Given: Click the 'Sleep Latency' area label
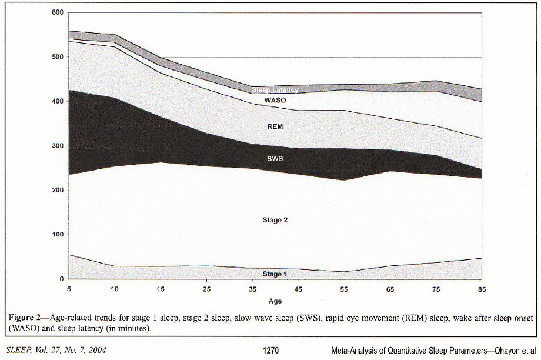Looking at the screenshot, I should [x=275, y=90].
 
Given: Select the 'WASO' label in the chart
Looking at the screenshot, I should [x=275, y=101].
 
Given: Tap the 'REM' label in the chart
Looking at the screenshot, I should [x=275, y=126].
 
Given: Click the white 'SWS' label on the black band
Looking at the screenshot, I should [x=275, y=159].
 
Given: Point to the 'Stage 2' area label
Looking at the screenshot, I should [x=275, y=220].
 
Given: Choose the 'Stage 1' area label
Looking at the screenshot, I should [x=275, y=274].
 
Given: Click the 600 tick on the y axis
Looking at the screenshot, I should [x=58, y=12].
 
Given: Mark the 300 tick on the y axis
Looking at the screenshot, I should [x=58, y=146].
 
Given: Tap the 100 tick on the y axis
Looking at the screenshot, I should [x=58, y=235].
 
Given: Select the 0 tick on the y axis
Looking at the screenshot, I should [x=61, y=279].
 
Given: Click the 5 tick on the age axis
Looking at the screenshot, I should [x=69, y=289].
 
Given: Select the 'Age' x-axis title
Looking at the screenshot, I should [x=275, y=301].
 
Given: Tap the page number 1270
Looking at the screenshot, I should [x=270, y=351].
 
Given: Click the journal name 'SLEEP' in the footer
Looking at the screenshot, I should [x=20, y=351].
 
